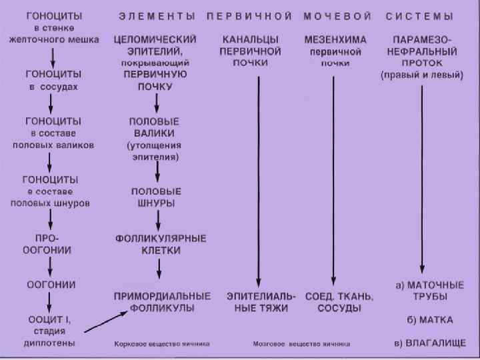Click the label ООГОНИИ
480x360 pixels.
(51, 284)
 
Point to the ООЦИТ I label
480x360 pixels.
(51, 319)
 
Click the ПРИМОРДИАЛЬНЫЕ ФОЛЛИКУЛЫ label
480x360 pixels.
(162, 301)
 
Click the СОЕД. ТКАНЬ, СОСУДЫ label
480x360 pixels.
(339, 302)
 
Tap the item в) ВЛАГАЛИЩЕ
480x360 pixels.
(429, 344)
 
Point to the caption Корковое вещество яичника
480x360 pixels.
(162, 345)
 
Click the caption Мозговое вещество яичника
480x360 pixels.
(301, 345)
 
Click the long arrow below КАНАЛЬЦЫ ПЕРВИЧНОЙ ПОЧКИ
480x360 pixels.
(259, 180)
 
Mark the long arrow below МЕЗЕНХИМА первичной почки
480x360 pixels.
(333, 180)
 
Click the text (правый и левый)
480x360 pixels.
(422, 75)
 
